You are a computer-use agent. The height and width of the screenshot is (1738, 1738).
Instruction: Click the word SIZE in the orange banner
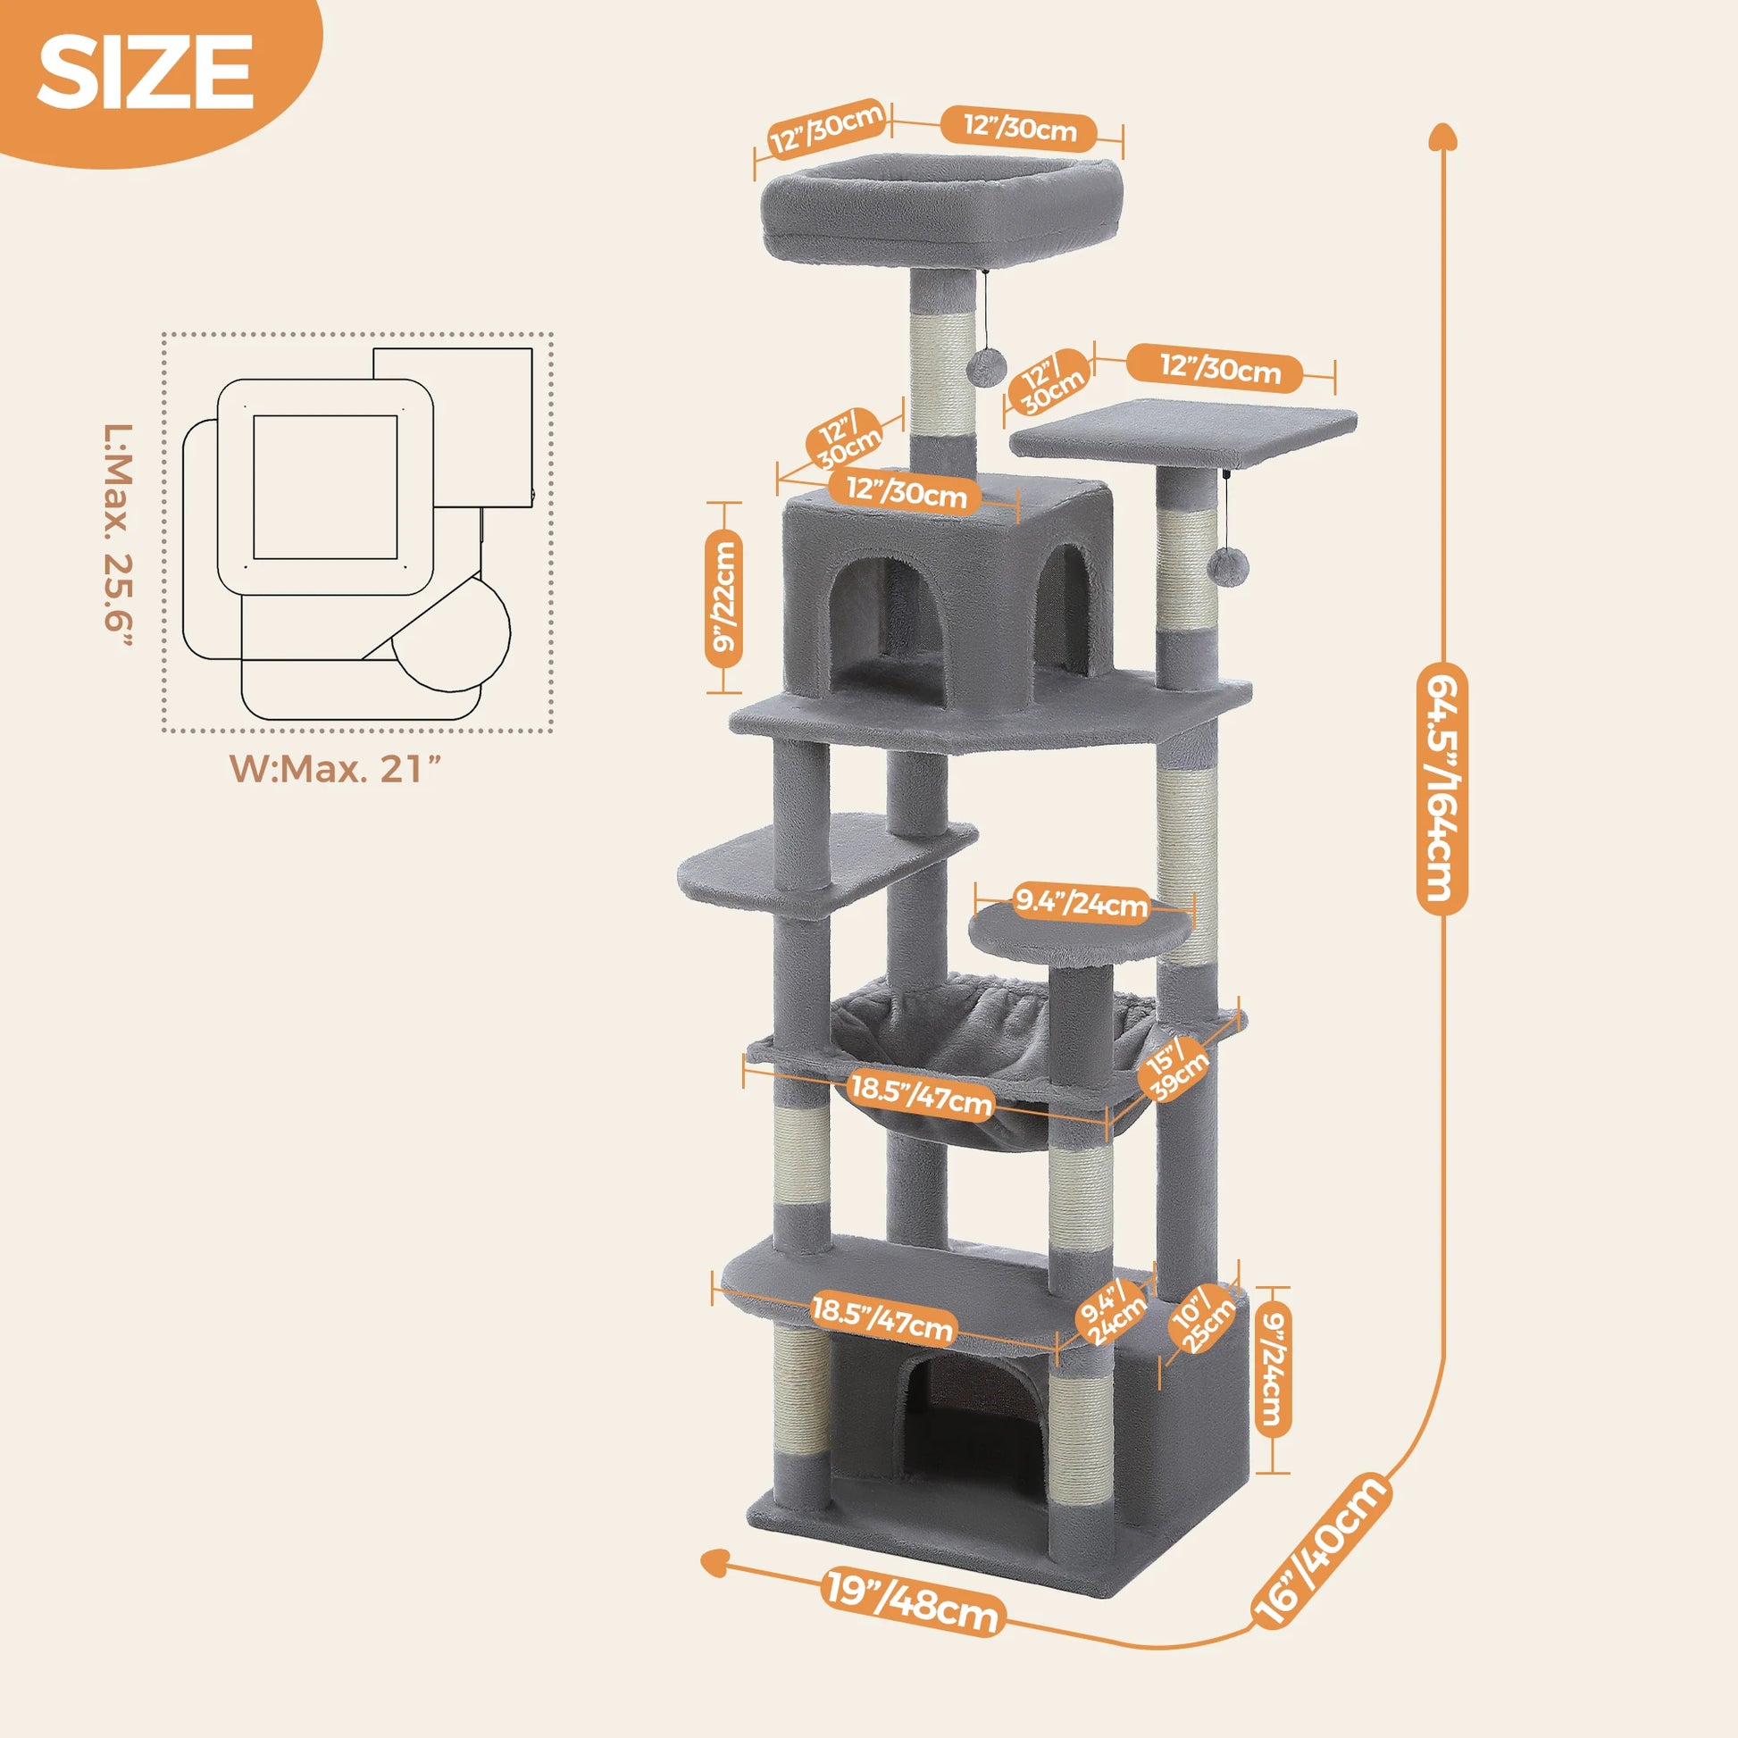145,74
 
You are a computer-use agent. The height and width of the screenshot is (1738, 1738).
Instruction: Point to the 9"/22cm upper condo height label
723,599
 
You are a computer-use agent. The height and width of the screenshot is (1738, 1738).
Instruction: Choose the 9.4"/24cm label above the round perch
1081,904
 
